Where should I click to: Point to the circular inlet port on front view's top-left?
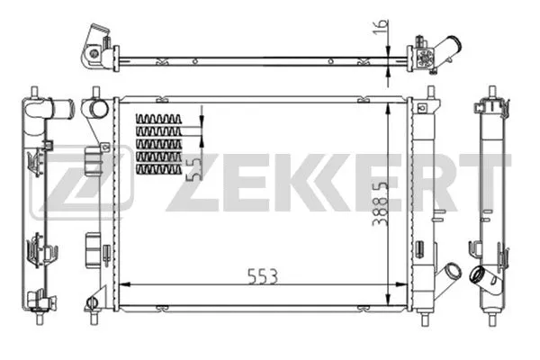pyautogui.click(x=94, y=110)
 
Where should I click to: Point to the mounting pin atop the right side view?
pyautogui.click(x=491, y=91)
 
